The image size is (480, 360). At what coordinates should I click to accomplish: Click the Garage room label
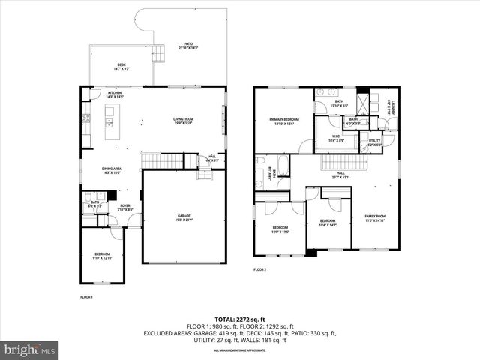184,218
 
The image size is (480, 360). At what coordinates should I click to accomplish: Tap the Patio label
188,46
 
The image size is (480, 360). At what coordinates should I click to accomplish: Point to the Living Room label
184,120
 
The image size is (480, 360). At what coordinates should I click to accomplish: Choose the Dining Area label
112,170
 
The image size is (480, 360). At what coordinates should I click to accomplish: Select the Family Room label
375,219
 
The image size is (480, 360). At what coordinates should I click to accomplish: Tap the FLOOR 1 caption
87,297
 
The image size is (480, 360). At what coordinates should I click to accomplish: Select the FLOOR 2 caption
260,269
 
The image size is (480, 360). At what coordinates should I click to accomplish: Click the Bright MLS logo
30,349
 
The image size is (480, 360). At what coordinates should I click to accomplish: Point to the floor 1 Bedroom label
102,256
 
